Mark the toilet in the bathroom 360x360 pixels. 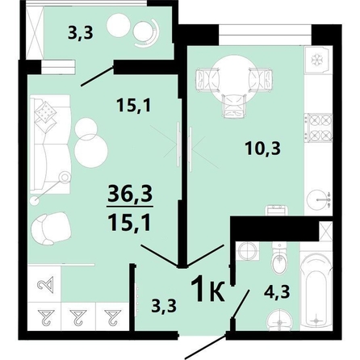click(276, 261)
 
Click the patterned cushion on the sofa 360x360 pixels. click(48, 111)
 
